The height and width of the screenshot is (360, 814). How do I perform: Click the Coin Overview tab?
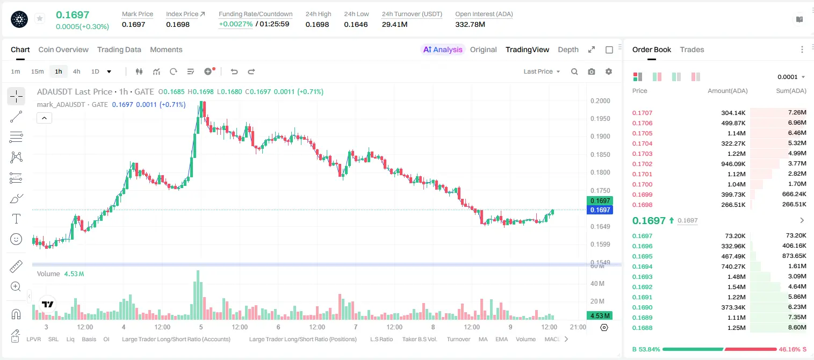[x=63, y=49]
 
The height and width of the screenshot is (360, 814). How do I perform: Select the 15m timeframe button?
[x=38, y=71]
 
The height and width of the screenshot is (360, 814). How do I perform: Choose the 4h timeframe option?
[x=76, y=71]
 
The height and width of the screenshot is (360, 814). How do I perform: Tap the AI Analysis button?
[x=443, y=49]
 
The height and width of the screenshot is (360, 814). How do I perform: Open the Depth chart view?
[x=568, y=49]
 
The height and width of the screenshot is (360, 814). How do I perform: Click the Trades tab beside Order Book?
[x=692, y=49]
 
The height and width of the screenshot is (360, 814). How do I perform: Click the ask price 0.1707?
[x=642, y=113]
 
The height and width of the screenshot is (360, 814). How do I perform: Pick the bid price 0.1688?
[x=642, y=328]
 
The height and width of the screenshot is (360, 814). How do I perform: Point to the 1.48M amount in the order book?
[x=736, y=277]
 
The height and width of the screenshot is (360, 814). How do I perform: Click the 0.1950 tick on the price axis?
[x=600, y=119]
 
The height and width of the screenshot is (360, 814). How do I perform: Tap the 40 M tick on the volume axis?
[x=597, y=283]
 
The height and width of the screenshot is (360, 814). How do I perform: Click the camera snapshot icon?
[x=592, y=71]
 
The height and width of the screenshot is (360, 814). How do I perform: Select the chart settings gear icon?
[x=609, y=71]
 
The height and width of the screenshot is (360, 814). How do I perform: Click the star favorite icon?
[x=40, y=18]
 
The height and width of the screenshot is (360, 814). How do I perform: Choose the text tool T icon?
[x=16, y=219]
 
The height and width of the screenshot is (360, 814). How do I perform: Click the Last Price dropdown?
[x=542, y=71]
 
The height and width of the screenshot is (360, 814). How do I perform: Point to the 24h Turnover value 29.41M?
[x=395, y=24]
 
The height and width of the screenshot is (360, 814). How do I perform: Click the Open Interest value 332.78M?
[x=470, y=24]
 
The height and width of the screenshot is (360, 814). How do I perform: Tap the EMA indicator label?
[x=501, y=339]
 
